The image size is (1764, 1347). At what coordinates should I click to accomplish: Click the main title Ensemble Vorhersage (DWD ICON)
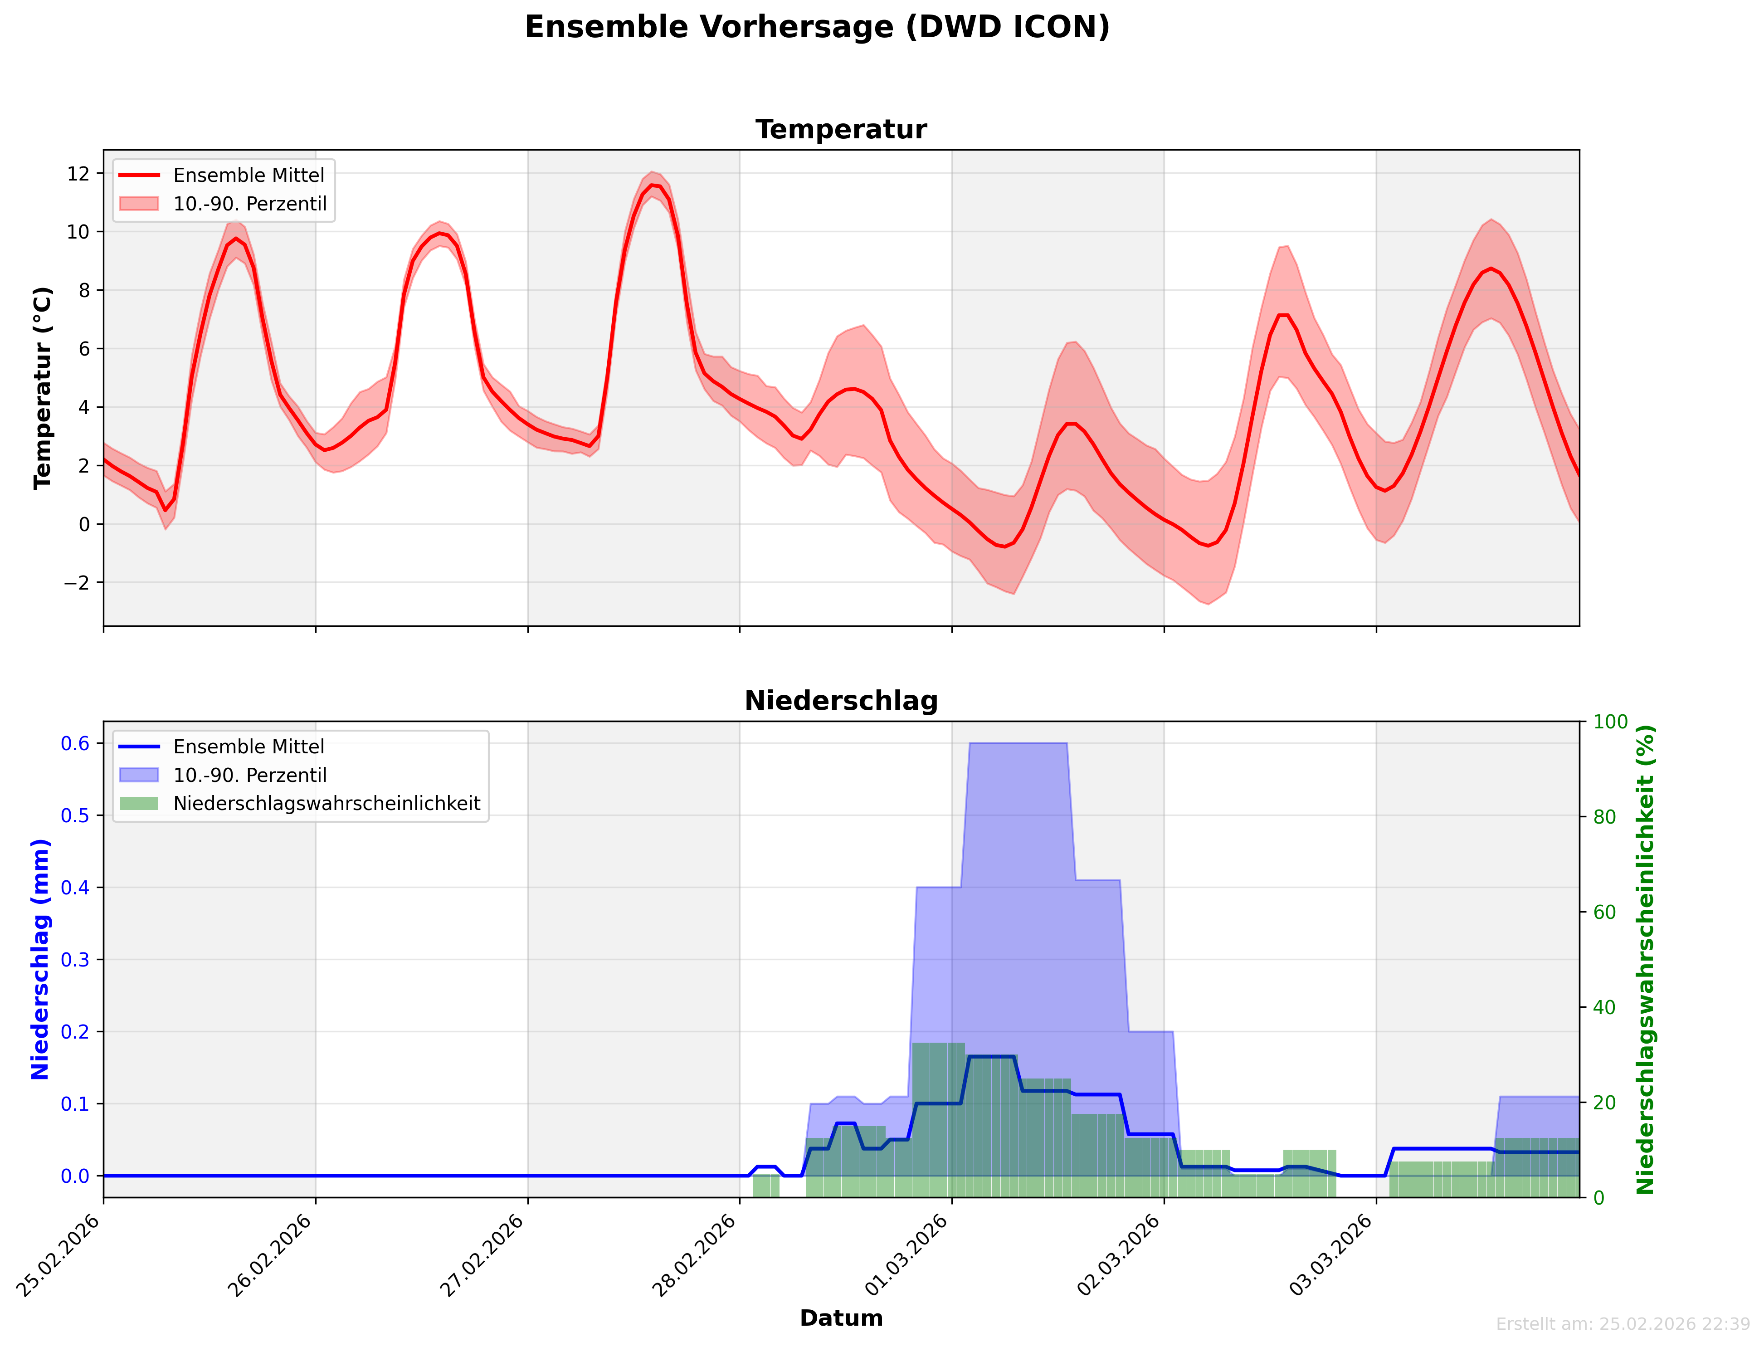(817, 27)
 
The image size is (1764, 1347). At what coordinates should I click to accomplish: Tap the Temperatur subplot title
(841, 129)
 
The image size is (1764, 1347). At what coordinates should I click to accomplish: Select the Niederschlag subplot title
(841, 701)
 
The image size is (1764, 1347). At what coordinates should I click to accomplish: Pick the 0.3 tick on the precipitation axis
(75, 960)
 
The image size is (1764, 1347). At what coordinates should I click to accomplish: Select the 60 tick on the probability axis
(1604, 913)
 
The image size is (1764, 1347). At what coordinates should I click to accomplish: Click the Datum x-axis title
(841, 1318)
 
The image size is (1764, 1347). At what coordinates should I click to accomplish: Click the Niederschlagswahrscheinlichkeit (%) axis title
(1645, 959)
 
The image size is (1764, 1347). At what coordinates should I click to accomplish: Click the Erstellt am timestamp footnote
(1622, 1324)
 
